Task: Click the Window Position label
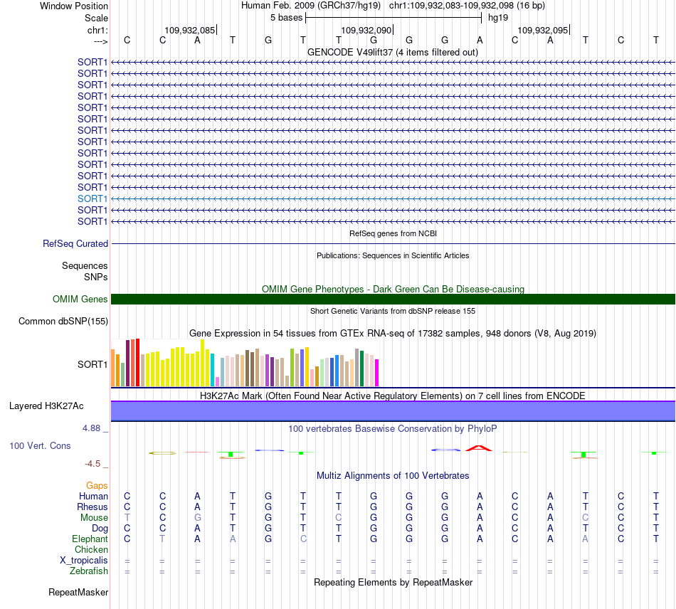[x=74, y=6]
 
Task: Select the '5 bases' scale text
[x=286, y=18]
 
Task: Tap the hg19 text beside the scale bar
[x=498, y=18]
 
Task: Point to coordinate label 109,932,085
[x=190, y=30]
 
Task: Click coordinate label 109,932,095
[x=543, y=30]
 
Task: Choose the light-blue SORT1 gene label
[x=93, y=198]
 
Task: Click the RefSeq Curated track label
[x=75, y=243]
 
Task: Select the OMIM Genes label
[x=80, y=299]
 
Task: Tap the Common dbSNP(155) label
[x=63, y=321]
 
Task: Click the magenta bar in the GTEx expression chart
[x=377, y=373]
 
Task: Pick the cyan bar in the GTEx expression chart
[x=213, y=370]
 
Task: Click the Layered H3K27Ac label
[x=46, y=406]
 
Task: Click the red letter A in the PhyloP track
[x=479, y=448]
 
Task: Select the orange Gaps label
[x=97, y=486]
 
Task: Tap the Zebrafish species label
[x=89, y=571]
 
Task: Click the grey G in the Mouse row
[x=197, y=518]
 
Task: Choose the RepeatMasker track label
[x=78, y=593]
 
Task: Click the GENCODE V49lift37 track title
[x=393, y=53]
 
